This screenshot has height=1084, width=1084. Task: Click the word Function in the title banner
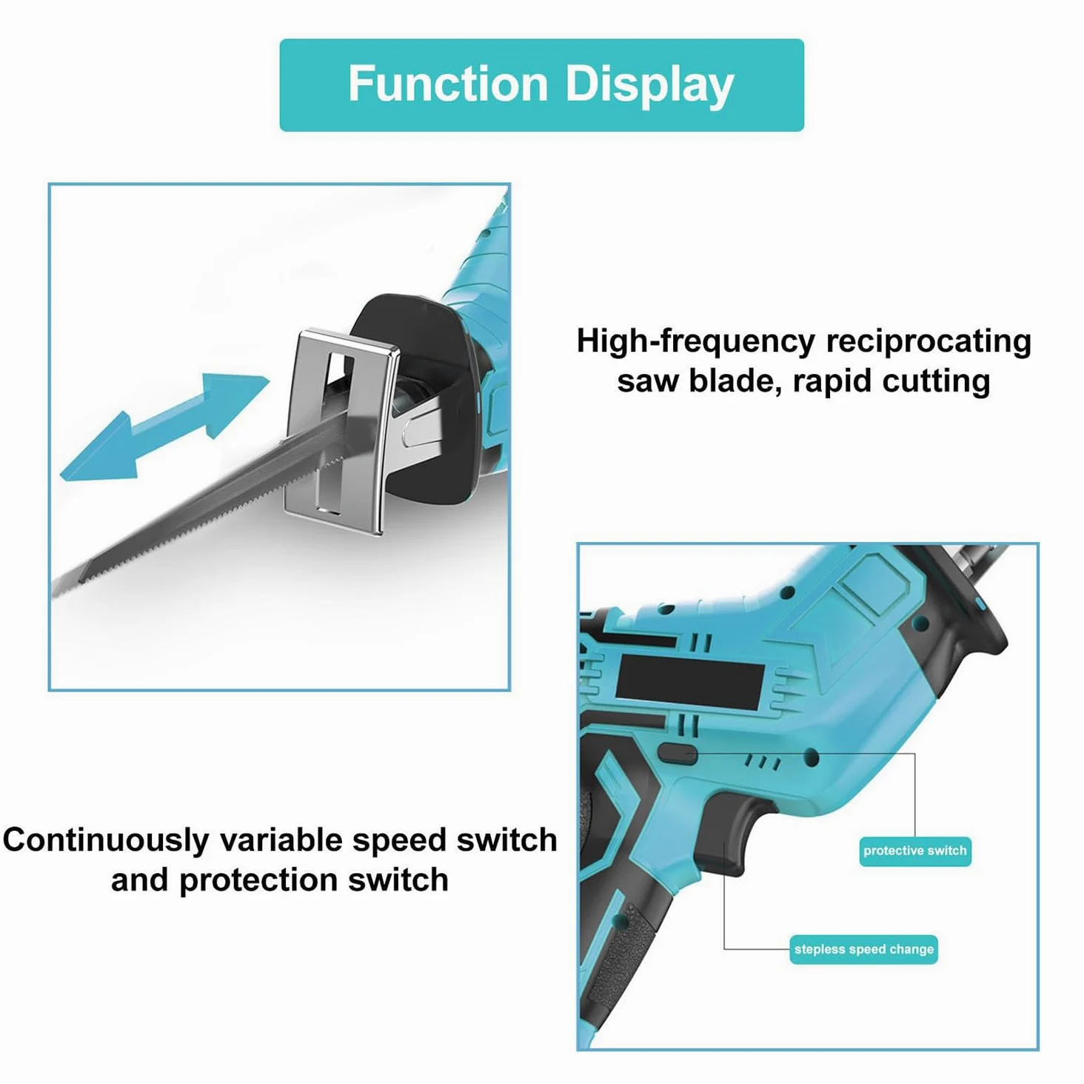click(449, 84)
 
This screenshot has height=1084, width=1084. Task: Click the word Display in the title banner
click(649, 85)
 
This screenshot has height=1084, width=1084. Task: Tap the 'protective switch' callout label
click(914, 851)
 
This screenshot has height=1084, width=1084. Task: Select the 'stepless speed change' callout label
click(863, 949)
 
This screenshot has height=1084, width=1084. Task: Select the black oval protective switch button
click(677, 753)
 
